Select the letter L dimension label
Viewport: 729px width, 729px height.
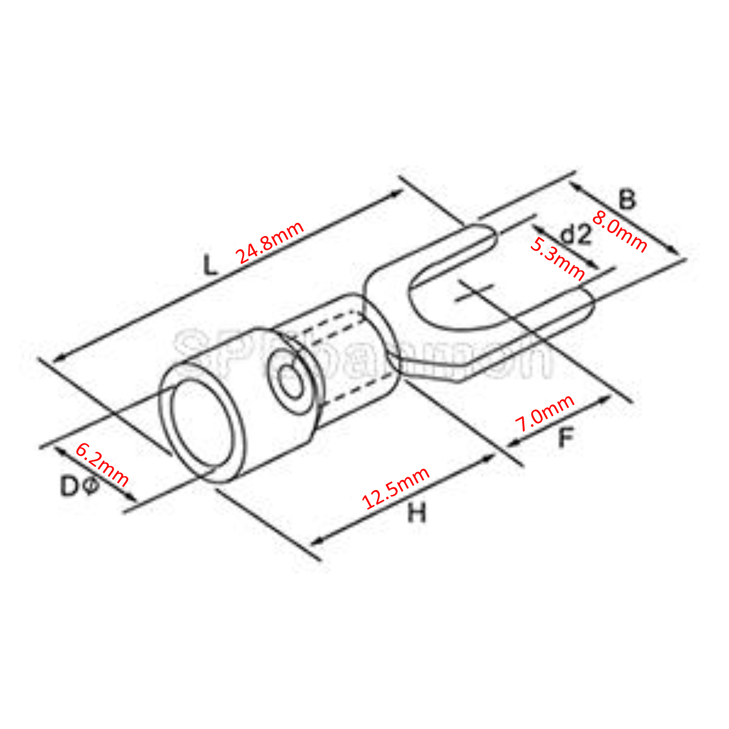tap(210, 265)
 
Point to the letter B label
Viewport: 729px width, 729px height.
tap(627, 200)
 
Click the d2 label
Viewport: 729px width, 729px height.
tap(577, 235)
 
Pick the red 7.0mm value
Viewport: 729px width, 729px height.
tap(545, 413)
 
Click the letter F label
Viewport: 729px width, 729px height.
tap(566, 438)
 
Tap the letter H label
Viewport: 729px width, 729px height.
tap(417, 513)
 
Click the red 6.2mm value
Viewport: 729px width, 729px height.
tap(103, 465)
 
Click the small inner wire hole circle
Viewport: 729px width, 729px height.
tap(291, 380)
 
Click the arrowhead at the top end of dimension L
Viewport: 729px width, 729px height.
tap(399, 192)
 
